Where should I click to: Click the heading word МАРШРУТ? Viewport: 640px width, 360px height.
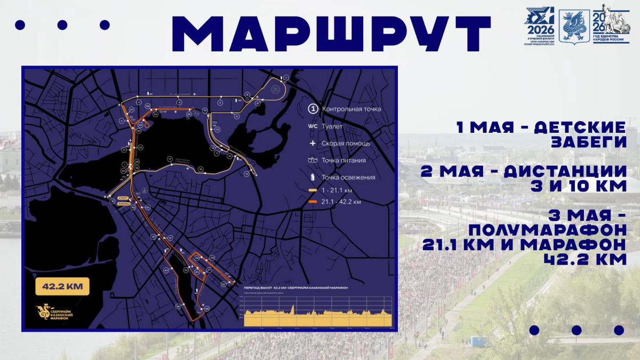tap(331, 33)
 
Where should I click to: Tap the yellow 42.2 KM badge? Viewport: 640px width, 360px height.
tap(62, 286)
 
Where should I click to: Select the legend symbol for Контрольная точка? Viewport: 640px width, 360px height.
tap(313, 109)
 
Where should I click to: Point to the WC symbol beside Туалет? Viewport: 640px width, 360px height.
tap(313, 126)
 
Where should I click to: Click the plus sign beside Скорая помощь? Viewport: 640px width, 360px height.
tap(313, 143)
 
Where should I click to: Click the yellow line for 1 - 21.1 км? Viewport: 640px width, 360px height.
tap(313, 190)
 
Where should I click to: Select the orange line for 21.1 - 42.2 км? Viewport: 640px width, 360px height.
tap(313, 202)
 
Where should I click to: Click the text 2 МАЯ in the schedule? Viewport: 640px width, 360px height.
tap(447, 172)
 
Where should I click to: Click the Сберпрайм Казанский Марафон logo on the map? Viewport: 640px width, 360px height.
tap(54, 314)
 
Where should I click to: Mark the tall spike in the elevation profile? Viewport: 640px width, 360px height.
tap(293, 308)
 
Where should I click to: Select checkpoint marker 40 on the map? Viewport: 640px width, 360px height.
tap(166, 270)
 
